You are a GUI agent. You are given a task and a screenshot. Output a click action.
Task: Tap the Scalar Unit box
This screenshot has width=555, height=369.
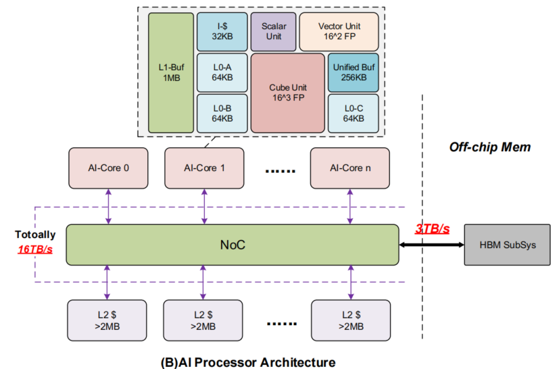(x=273, y=32)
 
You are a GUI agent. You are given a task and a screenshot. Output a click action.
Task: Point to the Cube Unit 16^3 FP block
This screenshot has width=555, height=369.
(x=288, y=93)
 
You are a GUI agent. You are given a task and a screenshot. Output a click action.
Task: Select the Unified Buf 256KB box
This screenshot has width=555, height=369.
(x=353, y=73)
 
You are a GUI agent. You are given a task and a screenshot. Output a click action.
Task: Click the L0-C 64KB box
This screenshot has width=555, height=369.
(x=353, y=113)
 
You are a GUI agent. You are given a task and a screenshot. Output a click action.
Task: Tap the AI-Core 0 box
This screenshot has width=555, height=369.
(x=107, y=168)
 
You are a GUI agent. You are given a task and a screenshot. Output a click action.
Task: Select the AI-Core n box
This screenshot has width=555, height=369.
(x=349, y=168)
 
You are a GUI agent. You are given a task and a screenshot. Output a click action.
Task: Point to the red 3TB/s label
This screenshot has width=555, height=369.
(x=431, y=229)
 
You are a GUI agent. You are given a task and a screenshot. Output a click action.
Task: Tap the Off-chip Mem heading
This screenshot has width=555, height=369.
(x=481, y=147)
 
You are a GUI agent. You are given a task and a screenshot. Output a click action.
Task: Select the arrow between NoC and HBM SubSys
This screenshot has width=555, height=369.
(x=431, y=244)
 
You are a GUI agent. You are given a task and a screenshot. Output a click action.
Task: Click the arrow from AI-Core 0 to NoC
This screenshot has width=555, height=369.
(x=107, y=206)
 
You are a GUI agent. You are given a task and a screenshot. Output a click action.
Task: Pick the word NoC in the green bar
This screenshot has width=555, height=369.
(x=232, y=245)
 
